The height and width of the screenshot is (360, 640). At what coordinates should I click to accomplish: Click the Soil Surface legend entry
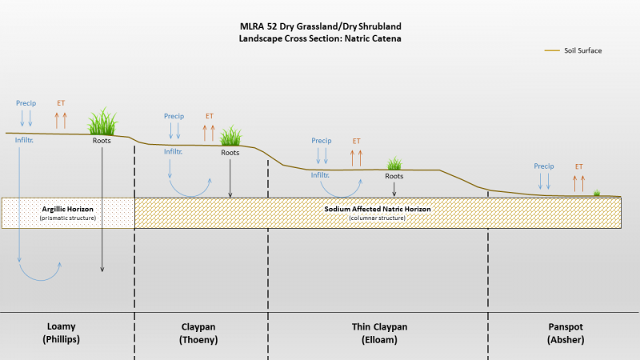click(573, 50)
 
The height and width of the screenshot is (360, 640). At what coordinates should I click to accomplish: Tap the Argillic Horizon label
click(68, 209)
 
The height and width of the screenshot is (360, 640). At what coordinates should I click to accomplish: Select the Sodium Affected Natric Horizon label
click(378, 209)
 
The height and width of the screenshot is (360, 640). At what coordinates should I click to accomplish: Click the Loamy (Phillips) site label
click(62, 333)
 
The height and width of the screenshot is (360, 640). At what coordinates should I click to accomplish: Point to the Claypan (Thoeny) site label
click(198, 333)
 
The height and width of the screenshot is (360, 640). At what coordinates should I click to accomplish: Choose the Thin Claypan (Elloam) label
click(379, 333)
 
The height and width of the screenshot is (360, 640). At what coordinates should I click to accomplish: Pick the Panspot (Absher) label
click(566, 333)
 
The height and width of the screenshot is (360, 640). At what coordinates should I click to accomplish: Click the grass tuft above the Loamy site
click(102, 122)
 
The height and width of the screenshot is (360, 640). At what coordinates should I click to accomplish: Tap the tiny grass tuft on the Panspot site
click(597, 193)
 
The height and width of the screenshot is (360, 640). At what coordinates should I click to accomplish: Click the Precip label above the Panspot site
click(544, 166)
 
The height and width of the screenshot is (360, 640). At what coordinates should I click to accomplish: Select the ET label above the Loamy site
click(61, 103)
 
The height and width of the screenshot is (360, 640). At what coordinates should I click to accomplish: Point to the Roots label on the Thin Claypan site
click(394, 176)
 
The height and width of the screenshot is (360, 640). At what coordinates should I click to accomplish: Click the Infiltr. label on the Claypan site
click(173, 151)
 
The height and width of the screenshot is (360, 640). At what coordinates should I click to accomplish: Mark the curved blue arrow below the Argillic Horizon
click(40, 279)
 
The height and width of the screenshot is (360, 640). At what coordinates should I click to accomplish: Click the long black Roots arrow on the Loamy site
click(102, 210)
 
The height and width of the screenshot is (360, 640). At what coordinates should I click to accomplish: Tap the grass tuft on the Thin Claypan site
click(394, 163)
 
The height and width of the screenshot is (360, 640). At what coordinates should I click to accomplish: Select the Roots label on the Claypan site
click(230, 152)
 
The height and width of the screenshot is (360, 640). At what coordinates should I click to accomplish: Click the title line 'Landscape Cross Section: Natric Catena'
click(320, 38)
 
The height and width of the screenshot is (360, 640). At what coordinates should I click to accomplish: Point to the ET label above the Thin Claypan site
click(356, 141)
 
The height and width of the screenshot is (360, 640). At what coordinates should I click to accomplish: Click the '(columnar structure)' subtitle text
click(377, 218)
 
